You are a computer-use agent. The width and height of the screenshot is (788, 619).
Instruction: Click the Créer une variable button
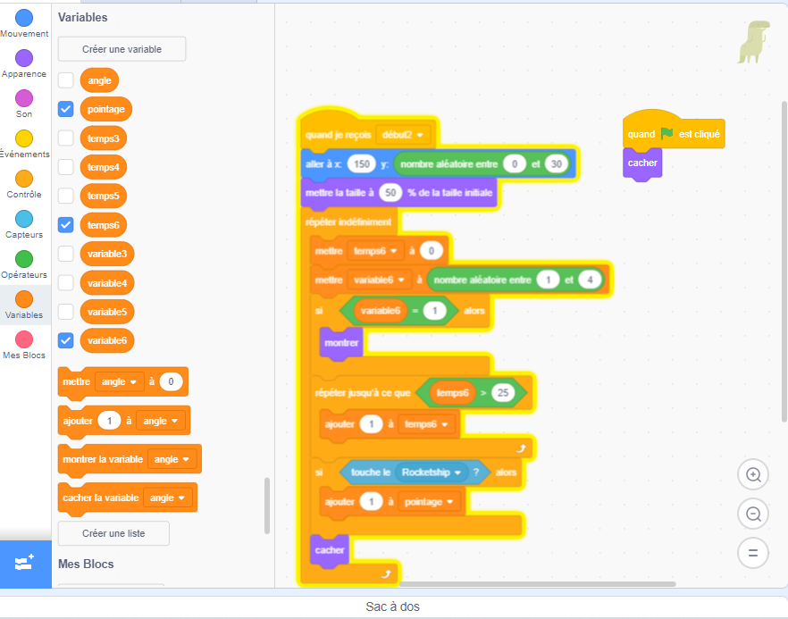coord(122,49)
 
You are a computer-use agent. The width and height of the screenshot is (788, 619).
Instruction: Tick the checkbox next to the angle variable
coord(66,80)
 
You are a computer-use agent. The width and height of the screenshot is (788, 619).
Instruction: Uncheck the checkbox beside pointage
coord(66,109)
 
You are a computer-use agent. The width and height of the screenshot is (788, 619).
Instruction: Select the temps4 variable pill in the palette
coord(103,167)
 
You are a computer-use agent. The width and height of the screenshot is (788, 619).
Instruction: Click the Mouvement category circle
coord(24,18)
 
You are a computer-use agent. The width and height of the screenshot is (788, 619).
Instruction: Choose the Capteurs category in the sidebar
coord(24,219)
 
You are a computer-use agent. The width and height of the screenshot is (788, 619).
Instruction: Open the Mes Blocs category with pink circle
coord(24,339)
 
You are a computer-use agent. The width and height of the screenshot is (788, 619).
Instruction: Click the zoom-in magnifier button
coord(753,474)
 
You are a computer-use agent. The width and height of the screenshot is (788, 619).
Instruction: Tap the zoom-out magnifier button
coord(753,514)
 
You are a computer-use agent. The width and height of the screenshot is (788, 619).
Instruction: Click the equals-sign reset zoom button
coord(753,553)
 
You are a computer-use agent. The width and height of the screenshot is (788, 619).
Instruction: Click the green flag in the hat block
coord(666,133)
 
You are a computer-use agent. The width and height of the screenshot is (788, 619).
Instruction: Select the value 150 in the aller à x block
coord(361,163)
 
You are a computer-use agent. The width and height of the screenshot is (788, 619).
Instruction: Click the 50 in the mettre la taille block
coord(390,192)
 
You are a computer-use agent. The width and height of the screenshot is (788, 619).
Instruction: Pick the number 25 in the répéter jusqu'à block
coord(503,392)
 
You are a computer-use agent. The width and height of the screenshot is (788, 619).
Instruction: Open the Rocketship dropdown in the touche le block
coord(432,473)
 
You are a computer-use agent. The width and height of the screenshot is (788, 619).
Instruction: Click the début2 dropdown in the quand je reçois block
coord(403,135)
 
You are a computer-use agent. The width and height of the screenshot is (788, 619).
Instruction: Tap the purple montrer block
coord(341,343)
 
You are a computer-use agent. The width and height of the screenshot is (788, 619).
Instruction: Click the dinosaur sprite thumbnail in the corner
coord(753,42)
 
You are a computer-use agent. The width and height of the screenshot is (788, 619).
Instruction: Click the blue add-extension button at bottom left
coord(25,564)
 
